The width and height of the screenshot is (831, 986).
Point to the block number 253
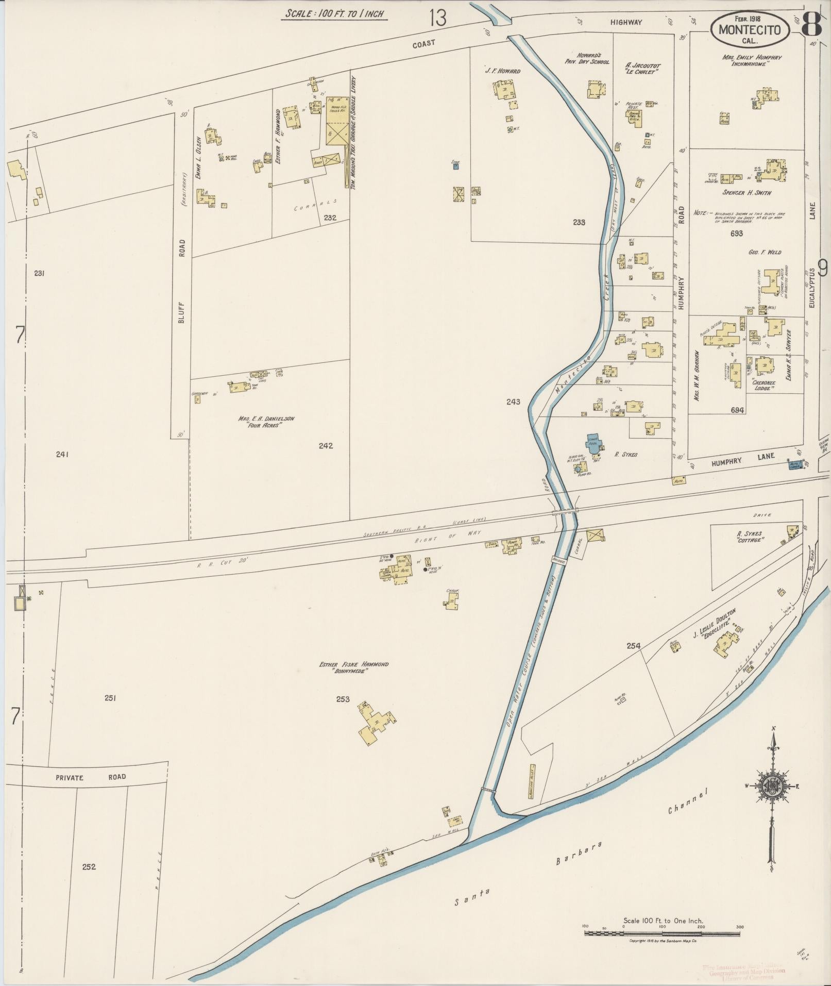coord(343,699)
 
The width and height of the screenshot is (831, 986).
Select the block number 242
coord(326,446)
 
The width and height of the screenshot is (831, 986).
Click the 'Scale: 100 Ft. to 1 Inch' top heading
coord(335,14)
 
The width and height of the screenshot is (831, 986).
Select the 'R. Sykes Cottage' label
coord(749,537)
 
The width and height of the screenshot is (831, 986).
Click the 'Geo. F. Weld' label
coord(765,253)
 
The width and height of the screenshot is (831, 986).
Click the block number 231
coord(39,273)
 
